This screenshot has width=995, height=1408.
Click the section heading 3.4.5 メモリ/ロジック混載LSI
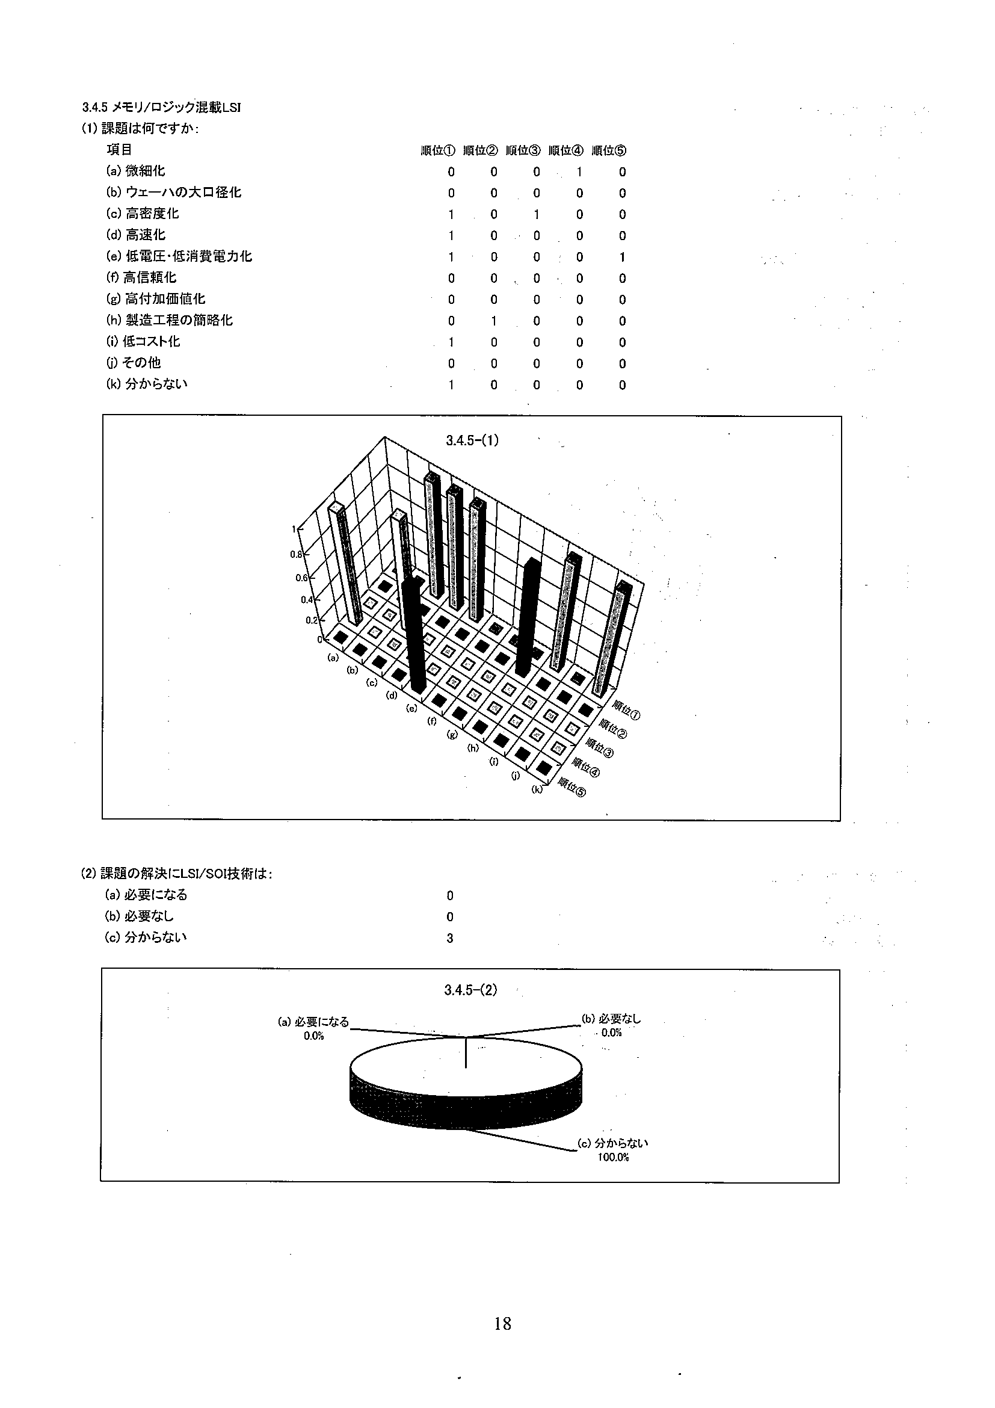click(161, 107)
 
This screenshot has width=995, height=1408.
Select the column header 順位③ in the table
click(523, 151)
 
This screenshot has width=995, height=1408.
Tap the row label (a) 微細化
click(135, 171)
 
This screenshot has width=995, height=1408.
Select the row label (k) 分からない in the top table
click(147, 384)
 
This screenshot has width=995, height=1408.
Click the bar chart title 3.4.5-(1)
click(472, 440)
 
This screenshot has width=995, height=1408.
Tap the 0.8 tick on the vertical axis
click(296, 554)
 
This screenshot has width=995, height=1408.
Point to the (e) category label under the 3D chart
click(412, 708)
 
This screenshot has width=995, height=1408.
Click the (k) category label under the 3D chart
click(537, 790)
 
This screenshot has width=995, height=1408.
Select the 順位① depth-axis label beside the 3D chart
click(627, 712)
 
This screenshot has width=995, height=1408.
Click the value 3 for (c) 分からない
click(450, 938)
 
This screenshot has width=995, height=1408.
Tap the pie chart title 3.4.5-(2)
click(470, 990)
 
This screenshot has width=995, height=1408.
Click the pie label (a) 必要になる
click(313, 1022)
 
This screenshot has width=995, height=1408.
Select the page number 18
click(502, 1323)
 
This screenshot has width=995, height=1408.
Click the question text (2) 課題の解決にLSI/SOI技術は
click(177, 874)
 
